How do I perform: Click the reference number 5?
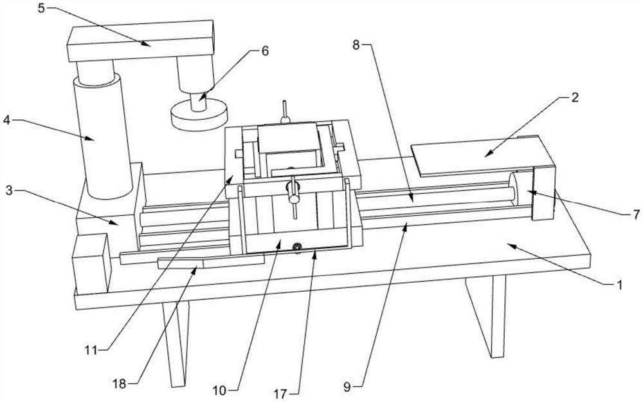click(41, 8)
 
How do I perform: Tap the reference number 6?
click(264, 51)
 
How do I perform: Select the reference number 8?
click(356, 45)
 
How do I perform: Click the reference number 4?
click(6, 120)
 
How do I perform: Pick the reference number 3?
click(10, 191)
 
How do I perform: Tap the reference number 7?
click(636, 214)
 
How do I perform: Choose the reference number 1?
click(620, 284)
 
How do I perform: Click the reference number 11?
click(91, 350)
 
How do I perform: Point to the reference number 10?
click(220, 390)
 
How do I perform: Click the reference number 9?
click(347, 386)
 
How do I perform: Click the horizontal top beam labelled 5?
click(141, 41)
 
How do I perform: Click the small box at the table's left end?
click(91, 263)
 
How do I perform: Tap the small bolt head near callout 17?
click(296, 247)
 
